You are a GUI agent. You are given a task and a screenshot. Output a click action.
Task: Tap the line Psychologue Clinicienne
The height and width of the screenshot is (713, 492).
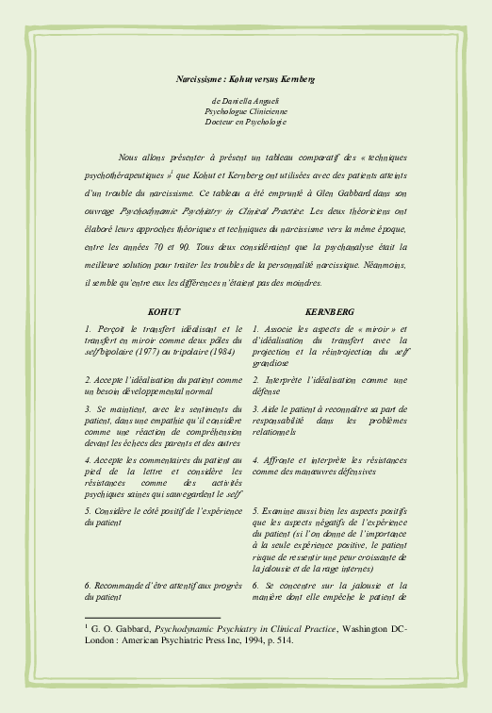click(x=245, y=110)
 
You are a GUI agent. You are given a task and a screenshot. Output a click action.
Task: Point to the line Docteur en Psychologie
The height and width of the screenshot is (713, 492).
click(x=245, y=122)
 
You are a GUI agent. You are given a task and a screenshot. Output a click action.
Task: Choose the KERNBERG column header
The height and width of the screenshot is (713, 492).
click(x=330, y=310)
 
